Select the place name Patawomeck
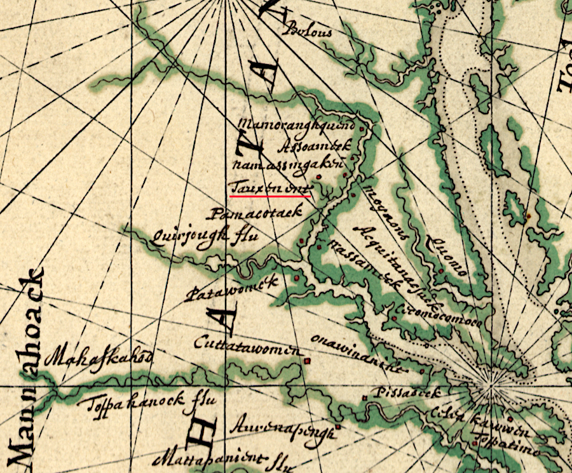[x=232, y=288]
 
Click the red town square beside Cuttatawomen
[x=308, y=361]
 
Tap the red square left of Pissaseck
[x=365, y=398]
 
